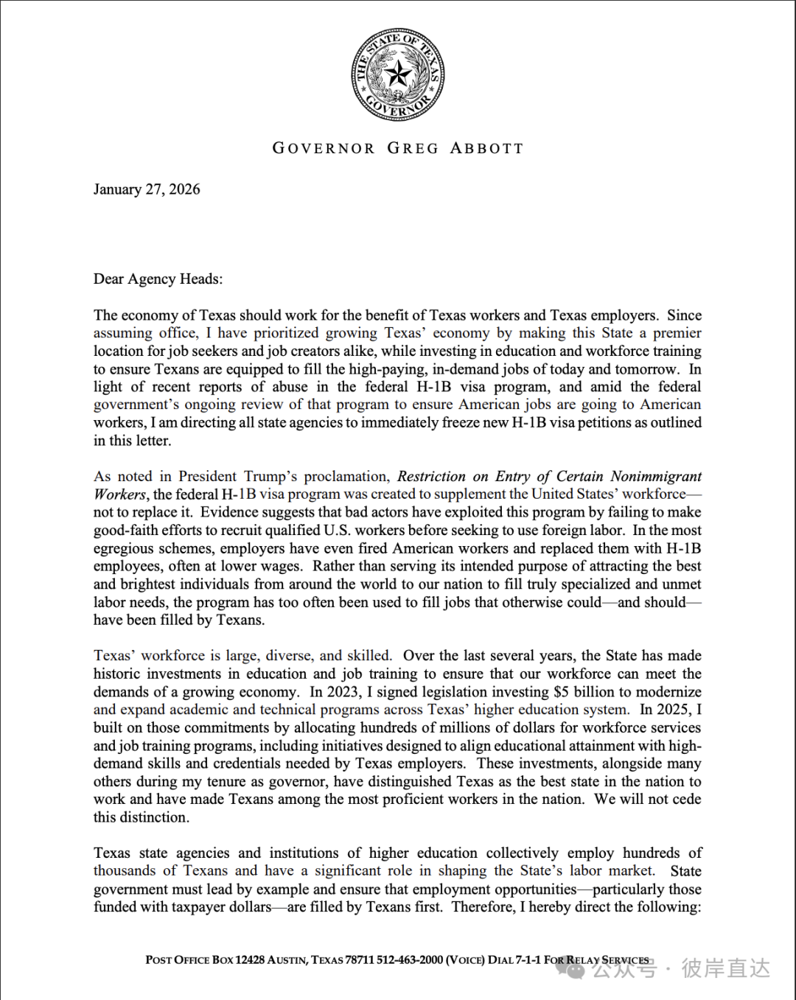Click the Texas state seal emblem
(398, 75)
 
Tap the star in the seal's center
(399, 74)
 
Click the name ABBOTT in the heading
(486, 148)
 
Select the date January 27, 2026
(147, 189)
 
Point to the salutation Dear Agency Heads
(158, 279)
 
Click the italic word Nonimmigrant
(656, 476)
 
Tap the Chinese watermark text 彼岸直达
(725, 968)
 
